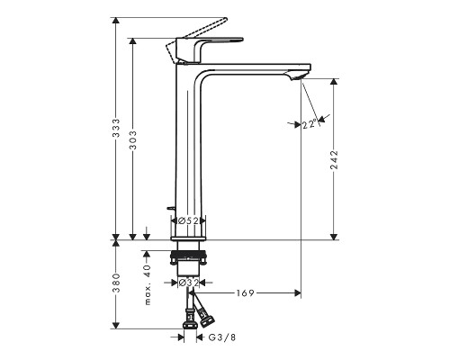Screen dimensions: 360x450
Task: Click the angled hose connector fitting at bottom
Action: (x=206, y=316)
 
